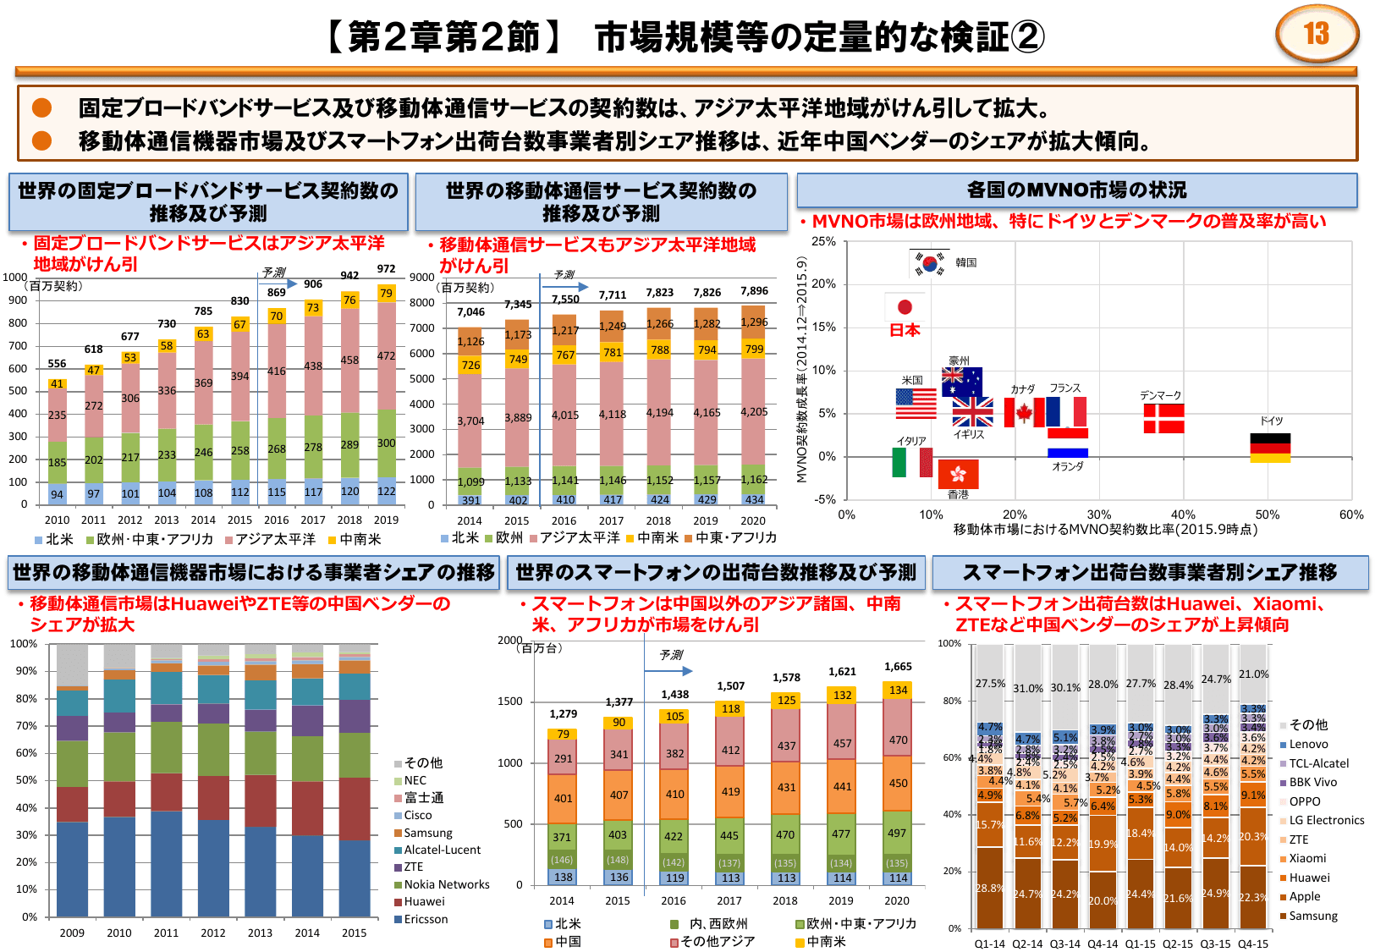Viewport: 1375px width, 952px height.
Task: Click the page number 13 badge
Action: tap(1316, 34)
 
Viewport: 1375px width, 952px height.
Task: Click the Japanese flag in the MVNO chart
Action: tap(905, 306)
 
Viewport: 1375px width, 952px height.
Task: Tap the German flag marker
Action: tap(1270, 448)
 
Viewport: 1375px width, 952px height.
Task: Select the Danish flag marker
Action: tap(1163, 418)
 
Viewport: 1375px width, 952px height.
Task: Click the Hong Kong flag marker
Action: tap(958, 474)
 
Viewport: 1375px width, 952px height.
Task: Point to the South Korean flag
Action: tap(930, 263)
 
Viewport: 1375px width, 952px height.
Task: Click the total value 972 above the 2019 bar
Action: tap(386, 269)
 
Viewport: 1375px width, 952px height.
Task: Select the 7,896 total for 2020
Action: tap(754, 291)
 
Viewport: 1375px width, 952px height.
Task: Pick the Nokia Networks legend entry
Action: tap(446, 884)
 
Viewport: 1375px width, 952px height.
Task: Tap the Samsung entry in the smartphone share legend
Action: tap(1312, 916)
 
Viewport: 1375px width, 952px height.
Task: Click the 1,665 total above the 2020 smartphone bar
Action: tap(898, 667)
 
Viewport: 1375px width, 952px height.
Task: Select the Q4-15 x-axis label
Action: tap(1252, 944)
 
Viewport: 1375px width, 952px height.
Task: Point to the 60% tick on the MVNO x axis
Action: tap(1350, 515)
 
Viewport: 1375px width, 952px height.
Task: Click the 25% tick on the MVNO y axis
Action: tap(823, 242)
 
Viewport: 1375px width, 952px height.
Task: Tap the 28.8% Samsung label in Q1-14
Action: tap(989, 888)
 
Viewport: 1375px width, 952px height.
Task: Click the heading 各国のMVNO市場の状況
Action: tap(1076, 190)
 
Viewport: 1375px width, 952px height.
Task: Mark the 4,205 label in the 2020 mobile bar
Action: tap(754, 412)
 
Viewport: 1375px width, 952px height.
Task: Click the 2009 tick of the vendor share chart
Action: tap(72, 933)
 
